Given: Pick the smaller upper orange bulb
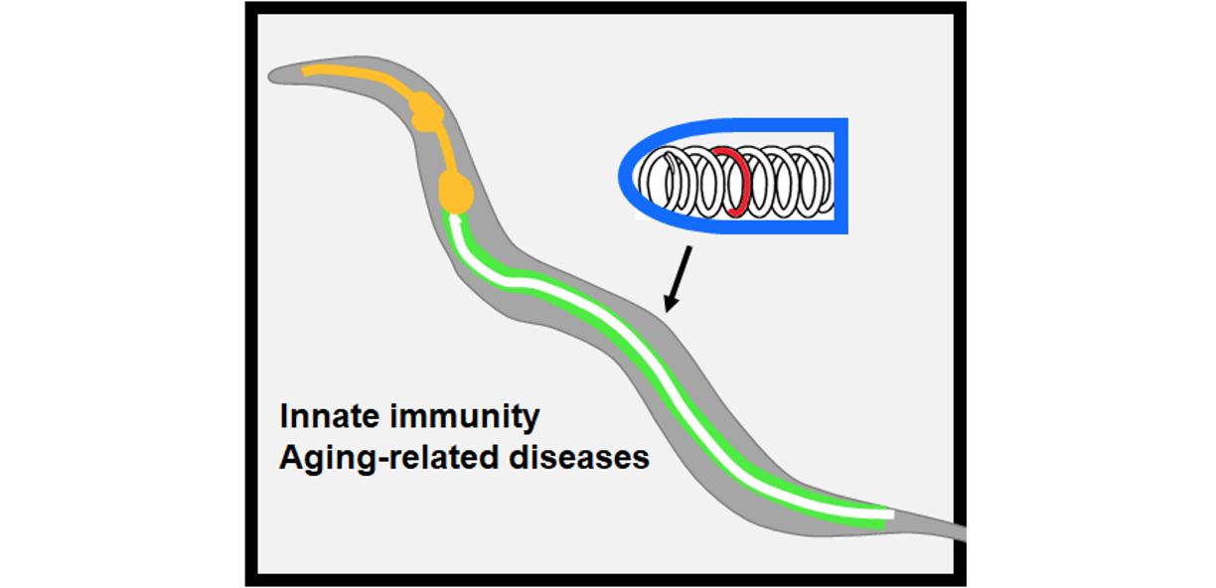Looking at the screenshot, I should tap(425, 110).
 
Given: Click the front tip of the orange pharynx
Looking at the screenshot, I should tap(307, 71).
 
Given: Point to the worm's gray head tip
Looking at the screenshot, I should tap(274, 75).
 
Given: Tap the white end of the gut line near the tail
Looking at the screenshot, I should tap(887, 514).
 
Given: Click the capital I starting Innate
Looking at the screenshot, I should tap(283, 416).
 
